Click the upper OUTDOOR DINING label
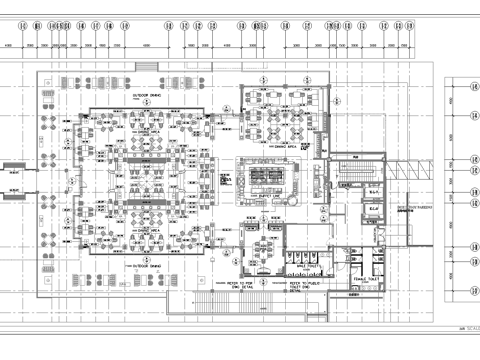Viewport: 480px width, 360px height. [x=147, y=97]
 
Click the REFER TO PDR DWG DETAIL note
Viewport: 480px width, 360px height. [x=239, y=285]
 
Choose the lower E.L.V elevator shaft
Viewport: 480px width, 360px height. [x=370, y=210]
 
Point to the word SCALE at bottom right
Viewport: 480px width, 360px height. [x=462, y=325]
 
